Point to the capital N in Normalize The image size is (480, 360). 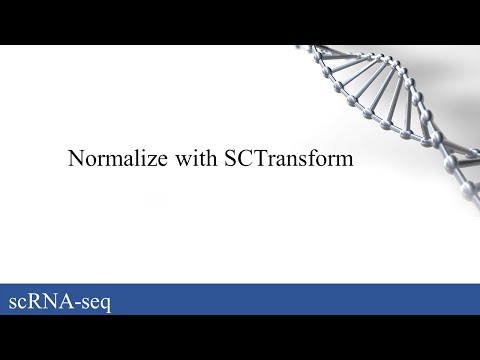point(74,158)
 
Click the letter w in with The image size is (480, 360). point(172,159)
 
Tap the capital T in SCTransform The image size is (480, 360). point(247,158)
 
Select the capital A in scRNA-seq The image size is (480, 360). point(67,300)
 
